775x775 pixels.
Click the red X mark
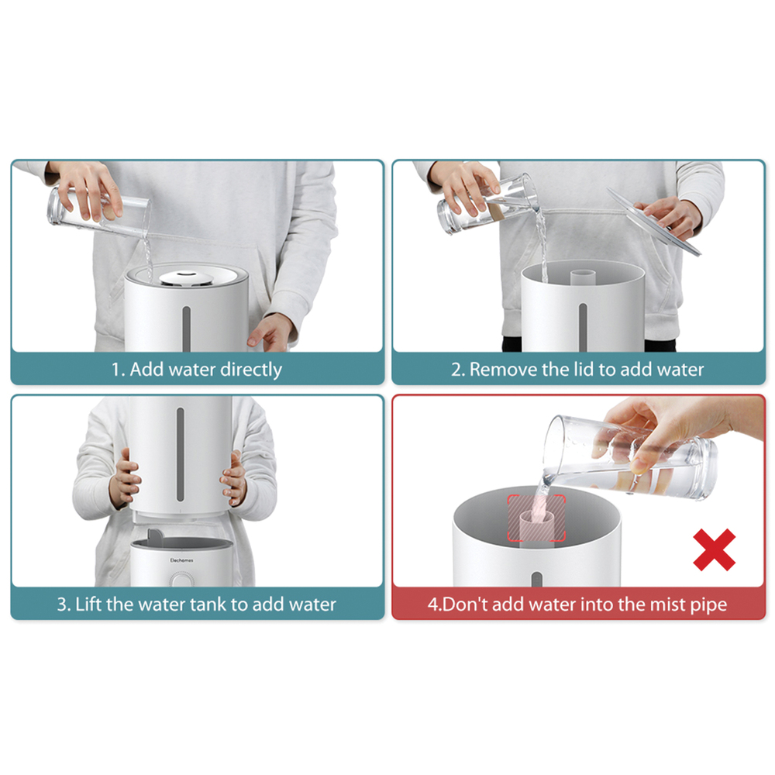click(715, 549)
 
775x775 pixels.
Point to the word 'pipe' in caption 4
click(709, 605)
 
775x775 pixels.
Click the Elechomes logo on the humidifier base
click(181, 560)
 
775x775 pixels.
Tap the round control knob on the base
click(182, 579)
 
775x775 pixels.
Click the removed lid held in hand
click(653, 222)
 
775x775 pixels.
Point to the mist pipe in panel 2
click(584, 277)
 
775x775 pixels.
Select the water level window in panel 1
click(187, 328)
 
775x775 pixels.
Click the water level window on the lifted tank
click(181, 454)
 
